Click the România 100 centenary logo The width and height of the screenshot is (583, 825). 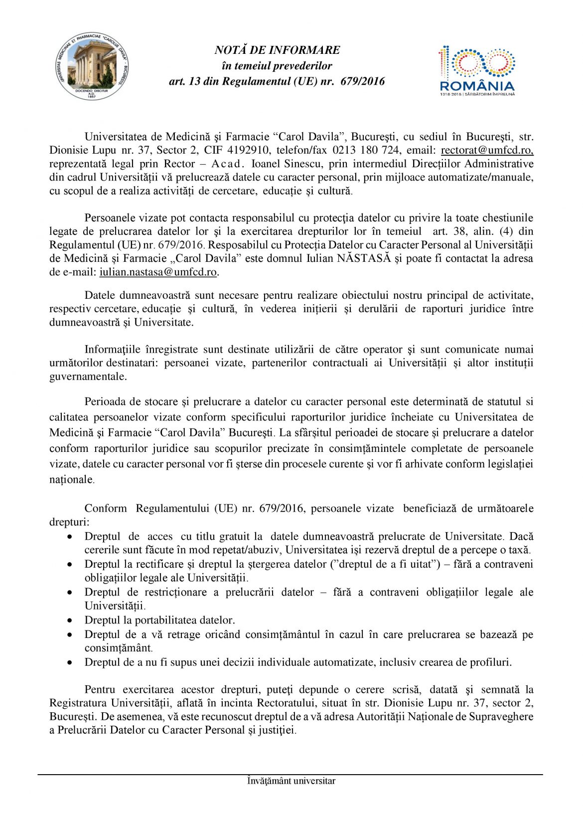pyautogui.click(x=477, y=70)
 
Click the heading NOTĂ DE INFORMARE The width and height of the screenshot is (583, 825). pyautogui.click(x=277, y=50)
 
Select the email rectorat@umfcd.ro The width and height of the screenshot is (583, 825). pyautogui.click(x=487, y=150)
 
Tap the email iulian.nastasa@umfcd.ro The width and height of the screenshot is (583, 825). pyautogui.click(x=158, y=272)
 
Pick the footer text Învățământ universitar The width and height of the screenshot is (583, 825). pyautogui.click(x=291, y=781)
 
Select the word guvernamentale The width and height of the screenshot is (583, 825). pyautogui.click(x=88, y=377)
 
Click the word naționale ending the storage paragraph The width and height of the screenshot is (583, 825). pyautogui.click(x=71, y=480)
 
